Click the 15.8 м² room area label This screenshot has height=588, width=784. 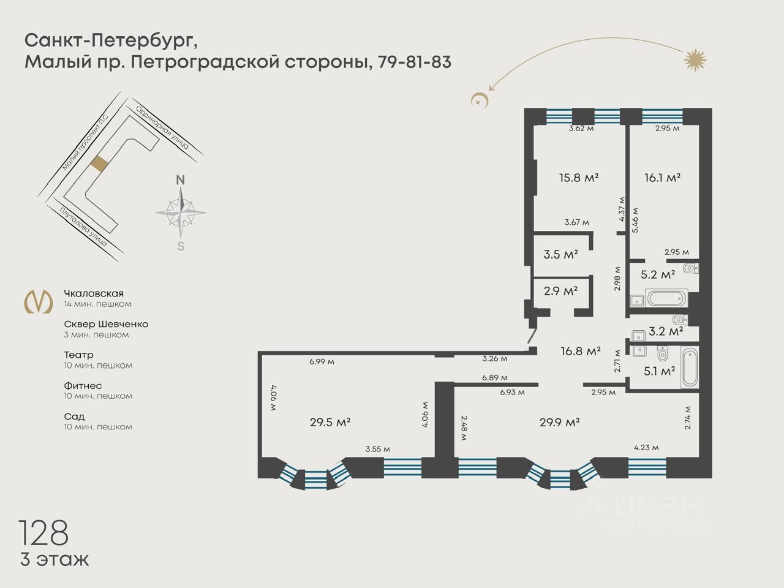(579, 178)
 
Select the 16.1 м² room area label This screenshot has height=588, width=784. (662, 178)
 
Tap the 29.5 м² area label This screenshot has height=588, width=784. (330, 423)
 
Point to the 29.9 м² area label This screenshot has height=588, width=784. (559, 423)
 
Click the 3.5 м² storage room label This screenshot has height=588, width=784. (561, 255)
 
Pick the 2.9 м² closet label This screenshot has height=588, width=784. (561, 292)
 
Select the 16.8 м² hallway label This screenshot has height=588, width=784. (581, 351)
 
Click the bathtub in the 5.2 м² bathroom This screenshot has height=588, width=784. (666, 298)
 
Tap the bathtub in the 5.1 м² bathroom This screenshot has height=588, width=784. (690, 367)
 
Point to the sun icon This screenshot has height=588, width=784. (695, 59)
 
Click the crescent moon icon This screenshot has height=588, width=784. (479, 100)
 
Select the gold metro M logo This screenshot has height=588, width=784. (38, 302)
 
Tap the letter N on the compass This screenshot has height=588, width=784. (180, 180)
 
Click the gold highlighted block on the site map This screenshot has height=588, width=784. (99, 164)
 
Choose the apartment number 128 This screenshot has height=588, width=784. (43, 533)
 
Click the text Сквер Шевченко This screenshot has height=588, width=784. (106, 324)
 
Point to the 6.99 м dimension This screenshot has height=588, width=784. (322, 361)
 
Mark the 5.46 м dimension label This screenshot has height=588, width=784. (635, 220)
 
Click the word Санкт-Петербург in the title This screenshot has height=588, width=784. (111, 41)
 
